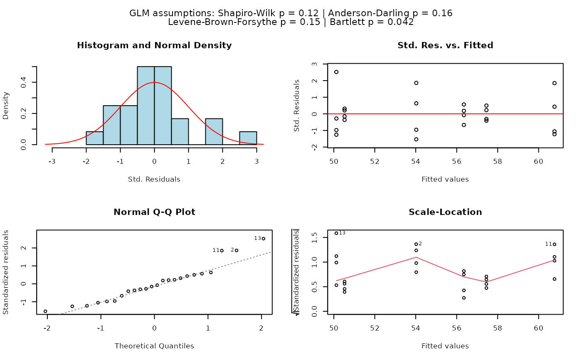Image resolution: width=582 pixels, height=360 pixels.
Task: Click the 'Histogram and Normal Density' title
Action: [x=154, y=45]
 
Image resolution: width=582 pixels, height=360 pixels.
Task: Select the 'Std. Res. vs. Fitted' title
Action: [x=445, y=45]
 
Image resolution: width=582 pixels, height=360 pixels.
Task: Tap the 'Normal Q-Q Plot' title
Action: [x=154, y=212]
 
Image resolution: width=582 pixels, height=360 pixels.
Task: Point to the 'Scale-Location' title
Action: [x=445, y=212]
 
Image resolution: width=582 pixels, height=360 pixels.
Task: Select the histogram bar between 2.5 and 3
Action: [x=248, y=138]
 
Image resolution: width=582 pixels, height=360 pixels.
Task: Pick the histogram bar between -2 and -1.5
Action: [x=95, y=138]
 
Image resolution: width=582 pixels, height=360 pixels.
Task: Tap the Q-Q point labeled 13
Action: [x=264, y=239]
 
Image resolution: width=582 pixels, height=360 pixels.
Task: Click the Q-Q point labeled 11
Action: [x=222, y=251]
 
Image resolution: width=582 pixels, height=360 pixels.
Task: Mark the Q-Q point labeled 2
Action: [x=237, y=250]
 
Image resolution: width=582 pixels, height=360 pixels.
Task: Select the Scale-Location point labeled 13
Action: [x=336, y=233]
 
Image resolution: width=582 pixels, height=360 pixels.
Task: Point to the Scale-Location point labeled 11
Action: [x=555, y=244]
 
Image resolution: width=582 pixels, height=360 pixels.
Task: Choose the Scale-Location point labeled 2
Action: [x=416, y=244]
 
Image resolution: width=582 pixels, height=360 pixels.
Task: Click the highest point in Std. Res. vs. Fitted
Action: [x=336, y=72]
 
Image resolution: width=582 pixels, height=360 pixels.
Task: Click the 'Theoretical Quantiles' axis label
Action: [x=154, y=346]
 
